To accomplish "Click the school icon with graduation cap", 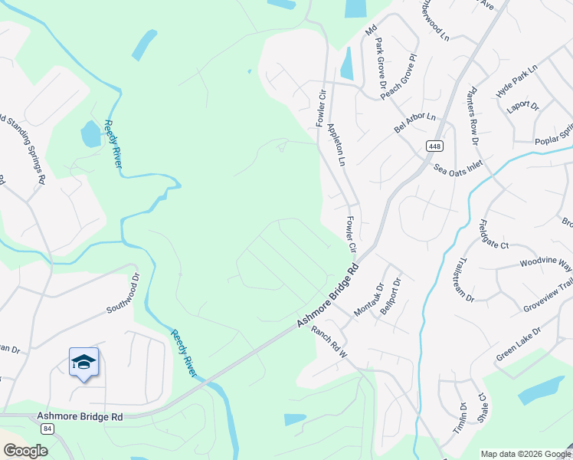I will coord(83,362).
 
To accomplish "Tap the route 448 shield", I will coord(435,146).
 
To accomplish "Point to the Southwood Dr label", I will coord(125,295).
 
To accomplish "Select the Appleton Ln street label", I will coord(336,146).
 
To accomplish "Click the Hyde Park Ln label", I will coord(517,80).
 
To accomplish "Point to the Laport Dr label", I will coord(524,106).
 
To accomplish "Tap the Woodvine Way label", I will coord(545,264).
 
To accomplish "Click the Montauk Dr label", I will coord(368,300).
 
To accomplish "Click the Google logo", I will coord(25,451).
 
